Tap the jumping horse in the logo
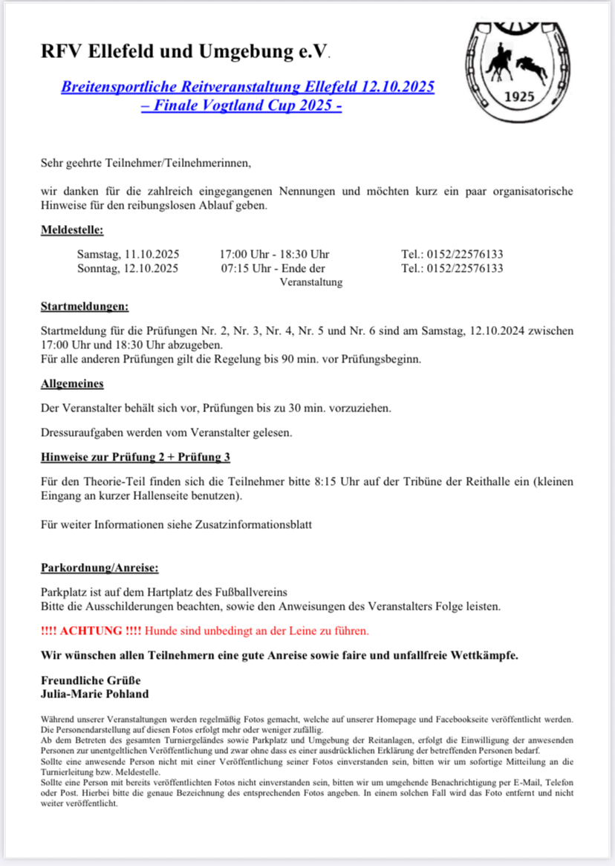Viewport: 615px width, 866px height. pyautogui.click(x=532, y=68)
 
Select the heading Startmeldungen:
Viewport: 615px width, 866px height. pyautogui.click(x=85, y=306)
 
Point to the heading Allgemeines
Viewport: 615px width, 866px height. pyautogui.click(x=72, y=384)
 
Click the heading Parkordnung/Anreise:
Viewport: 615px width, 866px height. pyautogui.click(x=100, y=569)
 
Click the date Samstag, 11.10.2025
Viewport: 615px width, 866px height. pyautogui.click(x=127, y=254)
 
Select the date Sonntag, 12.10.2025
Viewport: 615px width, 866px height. pyautogui.click(x=127, y=268)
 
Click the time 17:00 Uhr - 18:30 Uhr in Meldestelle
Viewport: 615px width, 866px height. pyautogui.click(x=275, y=254)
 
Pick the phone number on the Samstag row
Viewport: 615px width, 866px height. pyautogui.click(x=452, y=254)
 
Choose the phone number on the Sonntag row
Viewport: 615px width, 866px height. pyautogui.click(x=452, y=268)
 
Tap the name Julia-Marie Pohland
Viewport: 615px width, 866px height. pyautogui.click(x=94, y=694)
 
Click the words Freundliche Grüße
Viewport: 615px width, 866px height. pyautogui.click(x=91, y=680)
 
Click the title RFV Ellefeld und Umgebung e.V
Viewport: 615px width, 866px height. pyautogui.click(x=185, y=53)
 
